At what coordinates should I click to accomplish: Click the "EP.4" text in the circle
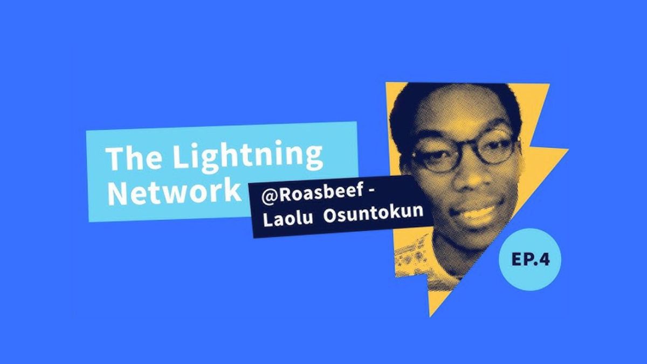[531, 259]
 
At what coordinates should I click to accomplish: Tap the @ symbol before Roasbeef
[270, 196]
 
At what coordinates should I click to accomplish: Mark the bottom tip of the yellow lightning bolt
[431, 316]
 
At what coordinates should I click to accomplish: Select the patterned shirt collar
[415, 253]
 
